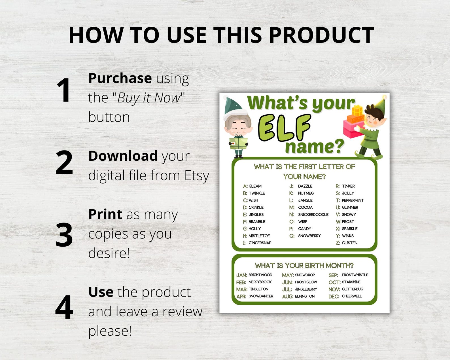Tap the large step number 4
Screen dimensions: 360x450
pyautogui.click(x=64, y=307)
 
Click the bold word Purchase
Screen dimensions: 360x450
pyautogui.click(x=120, y=79)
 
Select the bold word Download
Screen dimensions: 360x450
pyautogui.click(x=123, y=156)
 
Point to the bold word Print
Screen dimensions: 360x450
pyautogui.click(x=105, y=214)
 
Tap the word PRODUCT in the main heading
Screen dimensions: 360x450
pyautogui.click(x=321, y=35)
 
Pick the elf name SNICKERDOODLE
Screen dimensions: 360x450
pyautogui.click(x=313, y=215)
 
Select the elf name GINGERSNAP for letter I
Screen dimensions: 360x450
pyautogui.click(x=260, y=243)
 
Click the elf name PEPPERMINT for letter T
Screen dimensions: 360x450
pyautogui.click(x=353, y=200)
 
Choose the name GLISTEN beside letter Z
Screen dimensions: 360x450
pyautogui.click(x=349, y=243)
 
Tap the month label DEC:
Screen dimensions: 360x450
pyautogui.click(x=334, y=297)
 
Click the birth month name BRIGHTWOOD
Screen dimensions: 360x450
pyautogui.click(x=260, y=275)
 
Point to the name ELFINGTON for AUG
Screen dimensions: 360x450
pyautogui.click(x=305, y=296)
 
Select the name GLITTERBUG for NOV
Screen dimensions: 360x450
pyautogui.click(x=352, y=289)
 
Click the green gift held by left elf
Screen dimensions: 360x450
pyautogui.click(x=239, y=143)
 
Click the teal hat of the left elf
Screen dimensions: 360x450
pyautogui.click(x=233, y=106)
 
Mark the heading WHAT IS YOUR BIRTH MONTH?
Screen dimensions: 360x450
pyautogui.click(x=304, y=266)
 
